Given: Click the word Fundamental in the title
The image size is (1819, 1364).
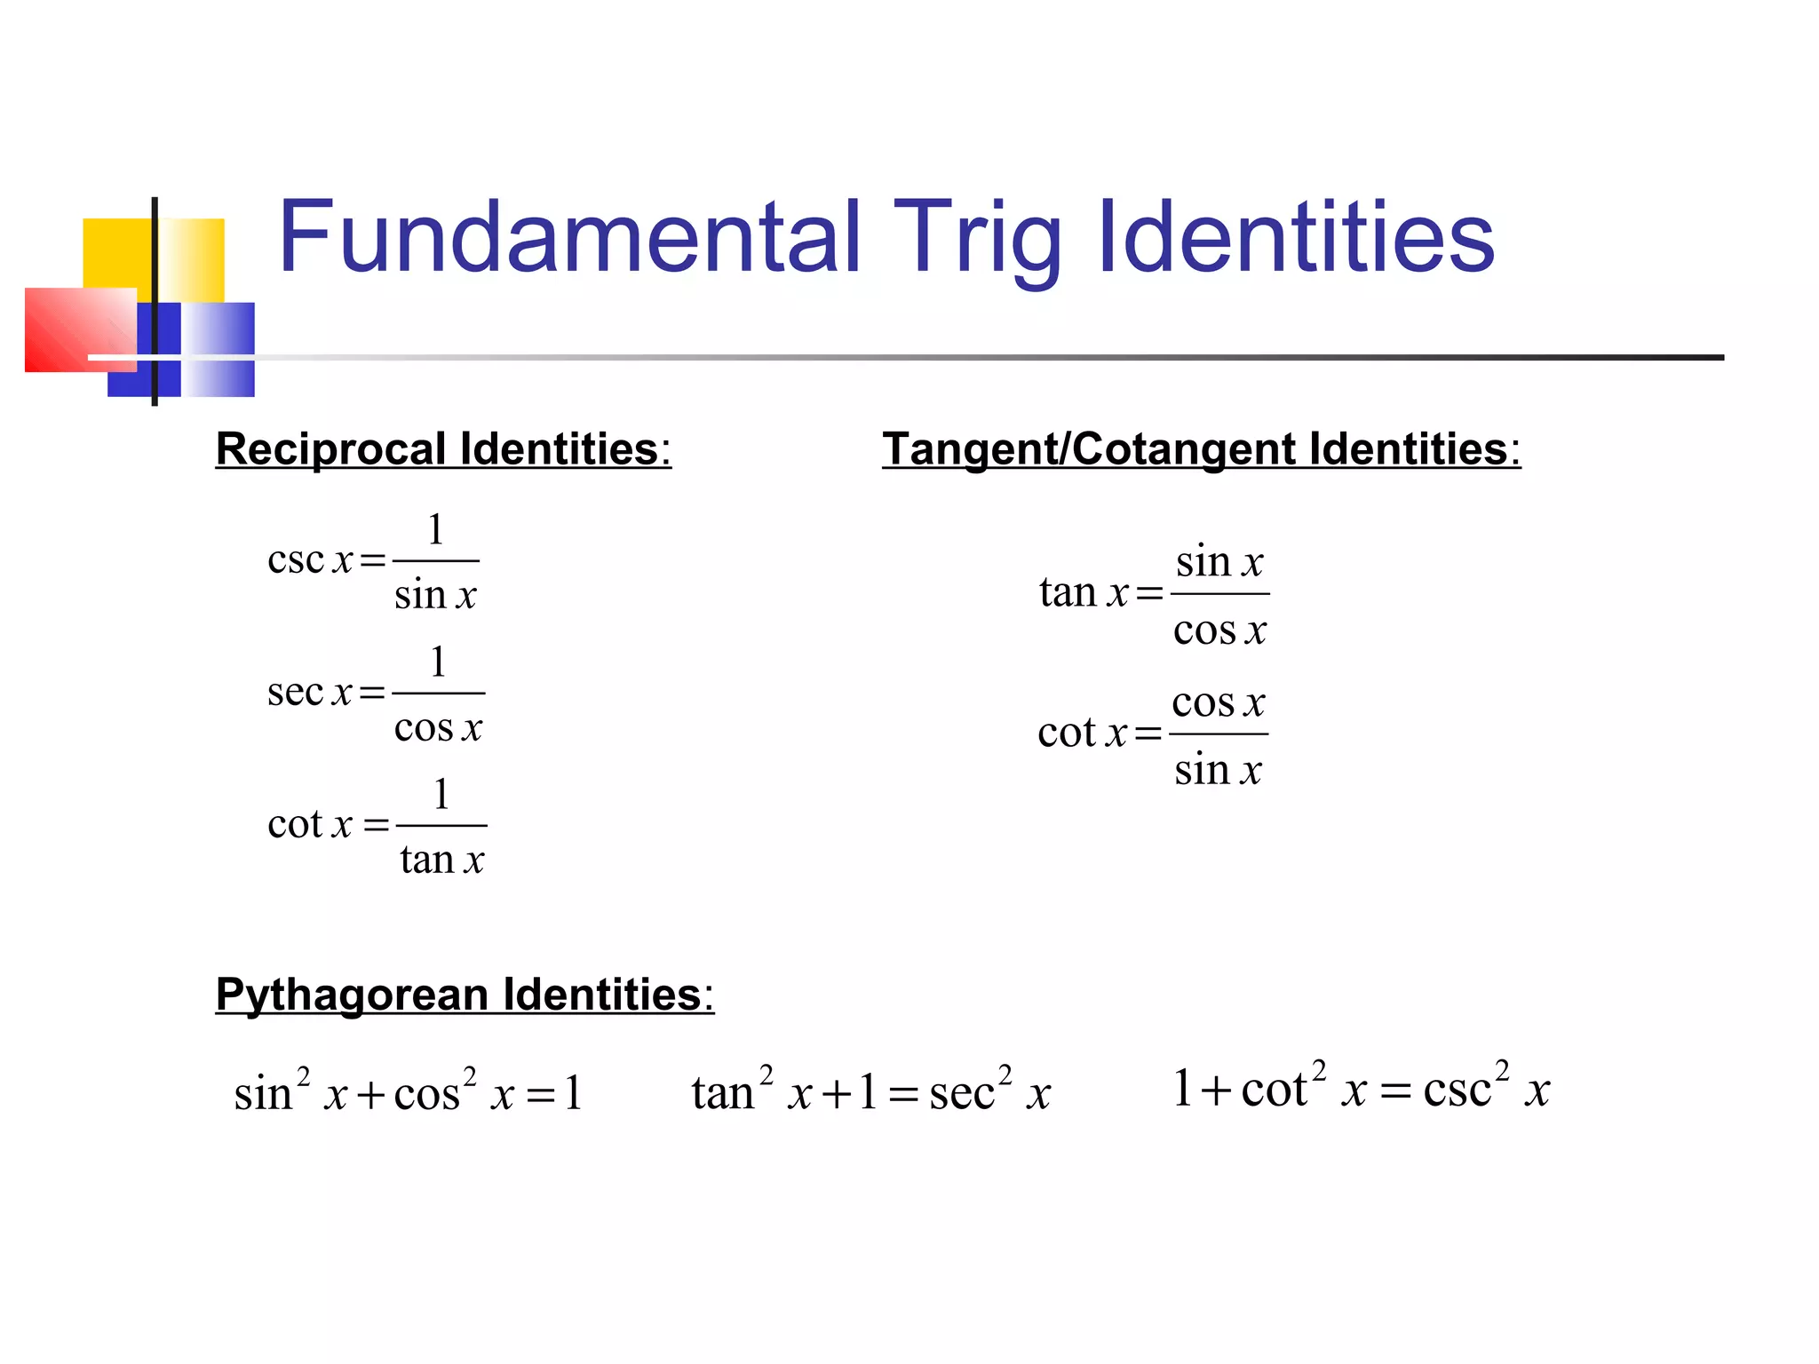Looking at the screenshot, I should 569,238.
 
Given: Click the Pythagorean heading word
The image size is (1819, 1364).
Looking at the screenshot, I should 352,995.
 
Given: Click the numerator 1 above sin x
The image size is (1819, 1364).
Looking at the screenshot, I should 435,529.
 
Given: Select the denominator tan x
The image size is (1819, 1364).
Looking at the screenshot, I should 441,860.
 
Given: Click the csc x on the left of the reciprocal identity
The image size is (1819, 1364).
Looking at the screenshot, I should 310,559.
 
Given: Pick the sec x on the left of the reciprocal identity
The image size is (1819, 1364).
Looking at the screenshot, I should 310,692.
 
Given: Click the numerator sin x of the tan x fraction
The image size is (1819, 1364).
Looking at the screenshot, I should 1219,561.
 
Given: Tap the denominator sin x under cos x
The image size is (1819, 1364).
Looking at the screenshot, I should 1218,769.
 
